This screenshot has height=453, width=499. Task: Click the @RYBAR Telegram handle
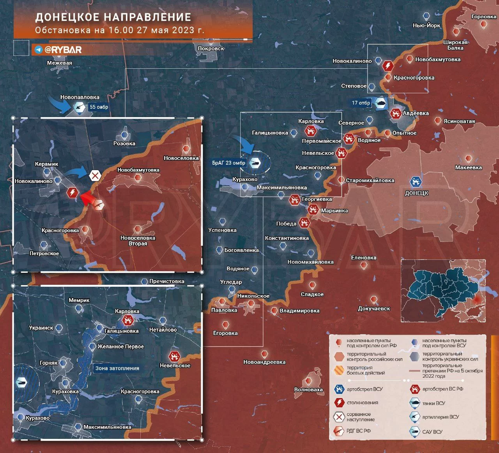(x=63, y=50)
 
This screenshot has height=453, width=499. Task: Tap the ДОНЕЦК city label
(x=416, y=193)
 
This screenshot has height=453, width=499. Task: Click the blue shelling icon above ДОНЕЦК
(x=416, y=182)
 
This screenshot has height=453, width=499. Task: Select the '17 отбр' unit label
(x=361, y=103)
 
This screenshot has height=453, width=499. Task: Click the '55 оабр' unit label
(x=99, y=107)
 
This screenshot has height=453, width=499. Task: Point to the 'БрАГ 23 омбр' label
(x=229, y=163)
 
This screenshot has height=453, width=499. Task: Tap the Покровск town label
(x=211, y=48)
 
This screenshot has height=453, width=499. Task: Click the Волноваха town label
(x=308, y=389)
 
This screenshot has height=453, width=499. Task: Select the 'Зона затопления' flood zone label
(x=117, y=368)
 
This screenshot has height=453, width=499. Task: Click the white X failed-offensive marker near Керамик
(x=95, y=176)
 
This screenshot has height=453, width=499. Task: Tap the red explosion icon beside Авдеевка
(x=396, y=114)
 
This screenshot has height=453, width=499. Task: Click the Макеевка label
(x=468, y=167)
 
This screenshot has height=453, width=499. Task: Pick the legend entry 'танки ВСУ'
(x=433, y=403)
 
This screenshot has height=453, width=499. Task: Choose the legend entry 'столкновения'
(x=362, y=403)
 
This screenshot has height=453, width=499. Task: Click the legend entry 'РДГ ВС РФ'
(x=358, y=431)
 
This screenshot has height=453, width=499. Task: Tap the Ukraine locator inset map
(x=444, y=291)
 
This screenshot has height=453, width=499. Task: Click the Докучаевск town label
(x=374, y=308)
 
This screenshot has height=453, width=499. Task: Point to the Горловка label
(x=483, y=17)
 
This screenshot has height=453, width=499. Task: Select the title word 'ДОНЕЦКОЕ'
(x=67, y=18)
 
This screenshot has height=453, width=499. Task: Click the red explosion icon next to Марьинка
(x=313, y=210)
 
